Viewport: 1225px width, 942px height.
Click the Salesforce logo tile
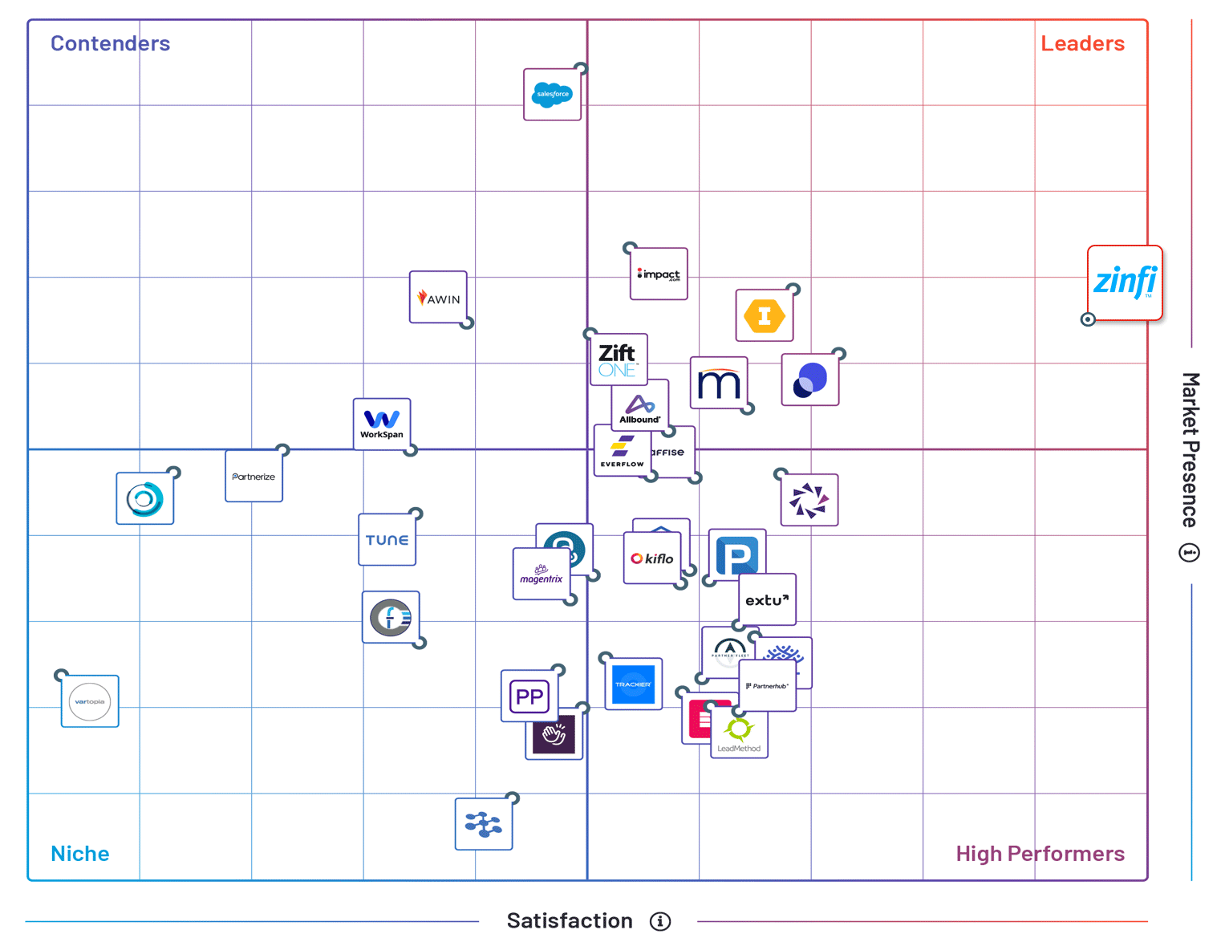pos(552,95)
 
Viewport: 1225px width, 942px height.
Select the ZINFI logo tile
pos(1125,282)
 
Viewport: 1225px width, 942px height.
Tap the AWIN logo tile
pos(438,297)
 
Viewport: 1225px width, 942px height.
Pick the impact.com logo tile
pos(659,274)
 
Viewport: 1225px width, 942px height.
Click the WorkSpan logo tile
pos(382,424)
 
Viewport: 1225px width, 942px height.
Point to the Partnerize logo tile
pos(254,477)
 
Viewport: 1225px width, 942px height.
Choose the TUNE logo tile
pos(387,540)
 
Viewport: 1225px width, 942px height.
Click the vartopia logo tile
pos(90,701)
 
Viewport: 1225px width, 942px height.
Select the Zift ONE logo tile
pos(618,358)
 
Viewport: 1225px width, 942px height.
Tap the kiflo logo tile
pos(651,558)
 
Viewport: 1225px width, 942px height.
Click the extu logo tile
pos(767,599)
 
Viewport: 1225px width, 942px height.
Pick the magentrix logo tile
pos(541,575)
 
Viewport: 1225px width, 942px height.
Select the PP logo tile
pos(529,696)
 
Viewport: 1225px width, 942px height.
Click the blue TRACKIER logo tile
pos(633,684)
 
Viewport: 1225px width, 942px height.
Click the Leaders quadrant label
pos(1082,43)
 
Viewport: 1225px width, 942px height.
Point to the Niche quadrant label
pos(79,853)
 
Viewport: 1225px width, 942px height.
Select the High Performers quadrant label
pos(1040,853)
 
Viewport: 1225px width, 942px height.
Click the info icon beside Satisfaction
pos(660,921)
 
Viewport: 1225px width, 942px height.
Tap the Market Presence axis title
pos(1190,449)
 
